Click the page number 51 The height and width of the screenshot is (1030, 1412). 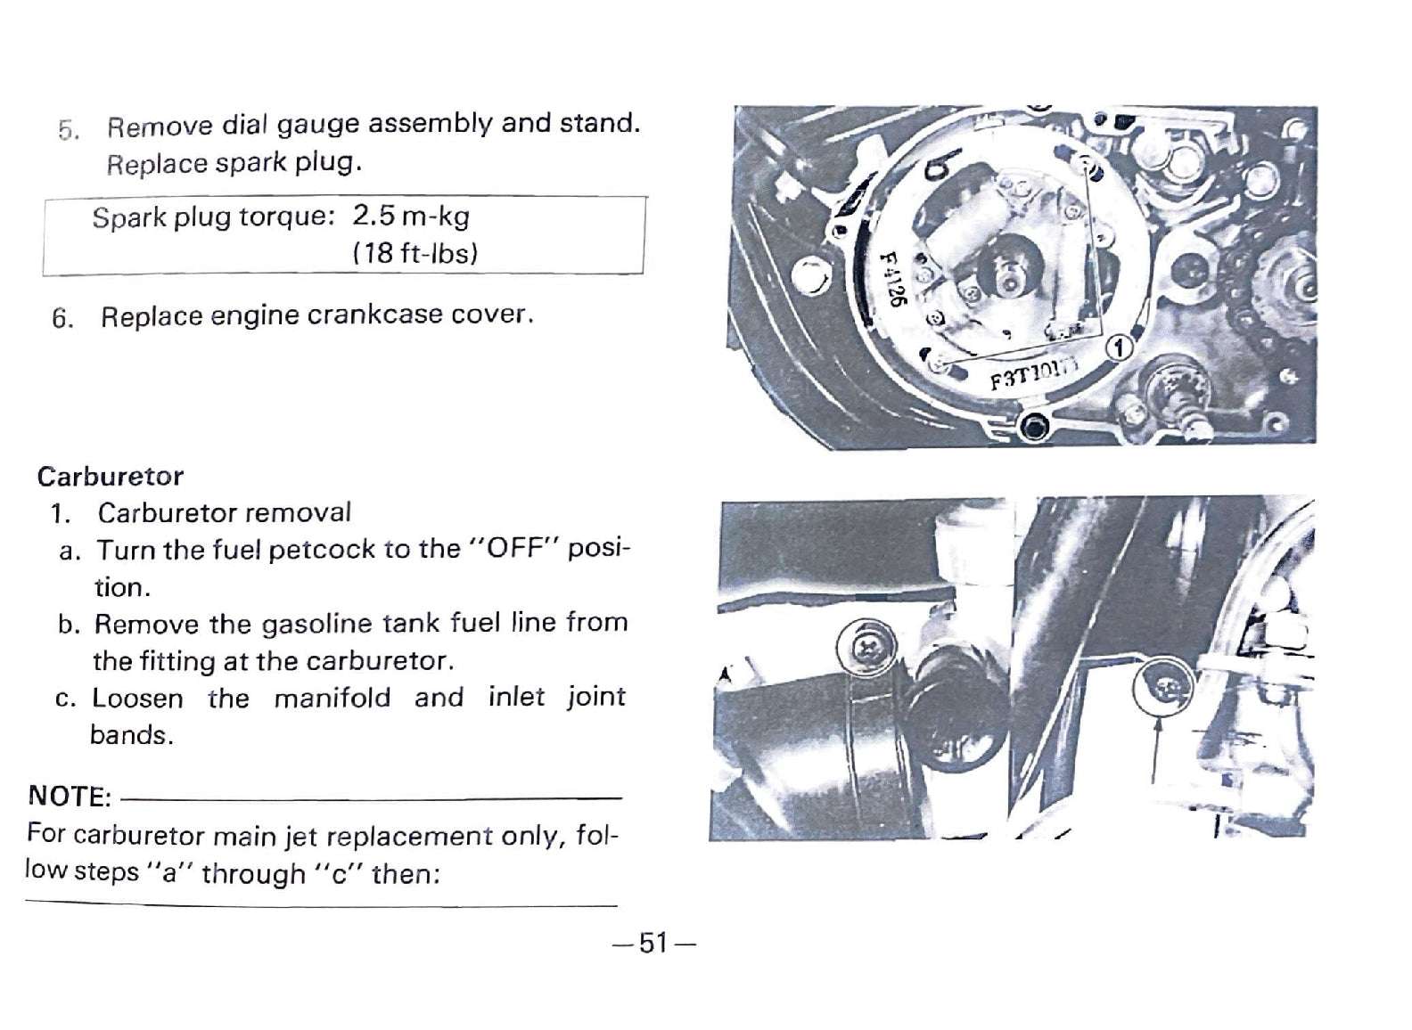(653, 943)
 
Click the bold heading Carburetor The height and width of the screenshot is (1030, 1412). (111, 477)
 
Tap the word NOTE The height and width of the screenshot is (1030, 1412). (70, 797)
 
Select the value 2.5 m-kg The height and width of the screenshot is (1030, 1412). (411, 217)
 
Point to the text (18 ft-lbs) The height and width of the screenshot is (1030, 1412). (415, 253)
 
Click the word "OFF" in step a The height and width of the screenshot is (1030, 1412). (516, 548)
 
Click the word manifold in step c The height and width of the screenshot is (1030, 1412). (332, 698)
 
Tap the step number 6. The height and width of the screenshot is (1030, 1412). (62, 317)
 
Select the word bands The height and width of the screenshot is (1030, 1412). (130, 735)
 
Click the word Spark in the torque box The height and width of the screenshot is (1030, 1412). (129, 218)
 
